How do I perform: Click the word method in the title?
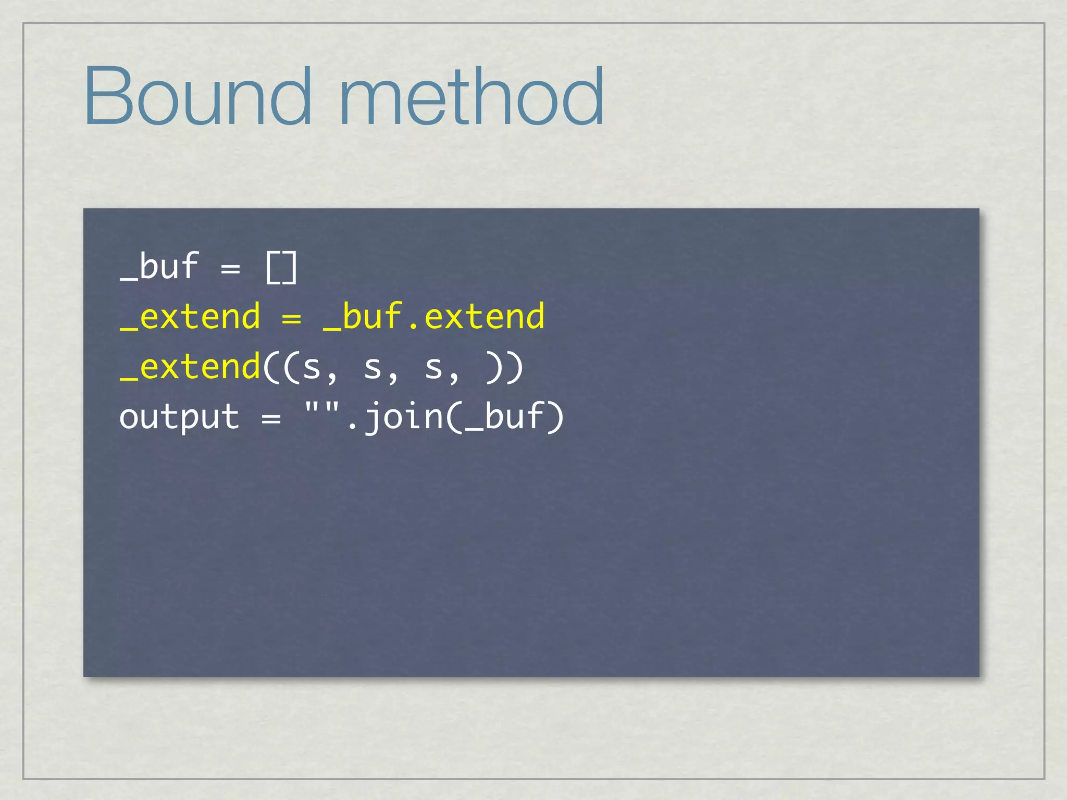coord(472,96)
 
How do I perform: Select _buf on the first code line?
coord(159,267)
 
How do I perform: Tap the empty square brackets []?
coord(281,268)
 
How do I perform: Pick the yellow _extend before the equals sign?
coord(190,317)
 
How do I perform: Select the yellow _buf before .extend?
coord(363,317)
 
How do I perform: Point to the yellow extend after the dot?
coord(485,317)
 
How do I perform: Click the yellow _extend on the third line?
coord(190,367)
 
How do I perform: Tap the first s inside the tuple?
coord(312,368)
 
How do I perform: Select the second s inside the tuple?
coord(373,368)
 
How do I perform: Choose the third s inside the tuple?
coord(433,368)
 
